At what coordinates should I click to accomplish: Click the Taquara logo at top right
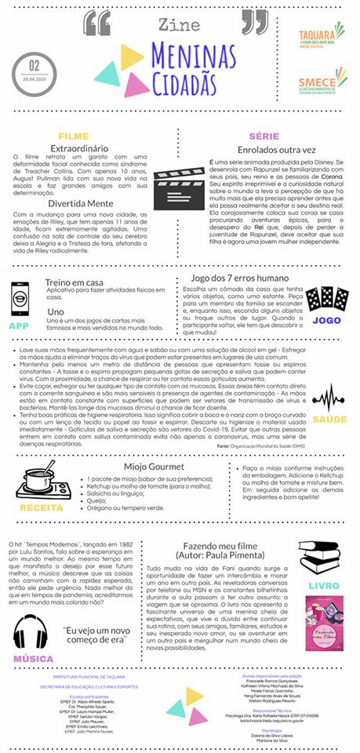coord(322,37)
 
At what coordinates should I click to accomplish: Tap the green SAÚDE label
coord(329,419)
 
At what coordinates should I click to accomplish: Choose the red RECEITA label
coord(37,507)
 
